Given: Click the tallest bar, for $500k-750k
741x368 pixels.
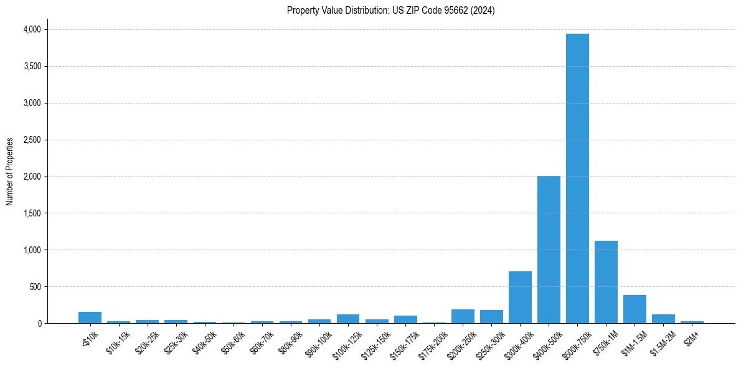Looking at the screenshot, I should [x=577, y=178].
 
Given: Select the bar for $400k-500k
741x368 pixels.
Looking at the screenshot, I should [x=549, y=249].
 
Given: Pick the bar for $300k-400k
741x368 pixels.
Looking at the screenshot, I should [x=520, y=298].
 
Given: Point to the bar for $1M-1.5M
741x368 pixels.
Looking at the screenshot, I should [x=635, y=309].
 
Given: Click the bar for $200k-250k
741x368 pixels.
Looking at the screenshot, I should [x=463, y=316].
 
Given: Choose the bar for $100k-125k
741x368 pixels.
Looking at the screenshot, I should [x=348, y=319].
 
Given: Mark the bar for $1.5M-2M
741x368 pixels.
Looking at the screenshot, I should [x=663, y=319].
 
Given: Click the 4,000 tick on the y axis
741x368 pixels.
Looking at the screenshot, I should [x=32, y=29].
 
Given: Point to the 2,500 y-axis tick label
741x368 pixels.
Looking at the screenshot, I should [x=32, y=140].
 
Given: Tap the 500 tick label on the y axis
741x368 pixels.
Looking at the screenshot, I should [x=36, y=287].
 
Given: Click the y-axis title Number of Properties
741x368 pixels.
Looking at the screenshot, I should [x=10, y=172].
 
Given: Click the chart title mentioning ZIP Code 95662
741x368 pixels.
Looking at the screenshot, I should [x=391, y=10].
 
